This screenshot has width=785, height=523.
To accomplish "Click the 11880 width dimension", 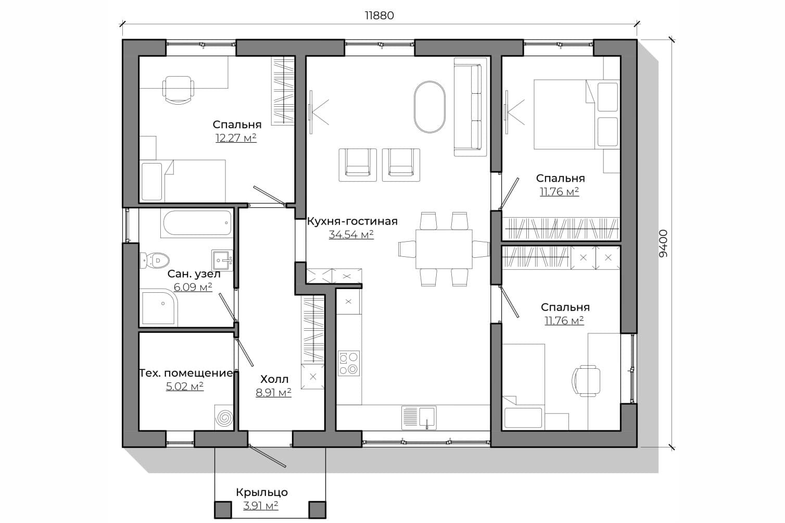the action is [379, 16].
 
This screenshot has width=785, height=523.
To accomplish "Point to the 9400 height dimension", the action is [663, 243].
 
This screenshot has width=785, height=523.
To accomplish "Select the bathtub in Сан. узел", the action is [197, 223].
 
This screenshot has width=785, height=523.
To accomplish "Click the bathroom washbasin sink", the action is [222, 260].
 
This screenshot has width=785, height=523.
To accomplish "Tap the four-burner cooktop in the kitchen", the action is [348, 363].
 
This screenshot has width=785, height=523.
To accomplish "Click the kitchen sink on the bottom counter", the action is [419, 417].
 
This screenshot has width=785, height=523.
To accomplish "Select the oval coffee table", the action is [429, 107].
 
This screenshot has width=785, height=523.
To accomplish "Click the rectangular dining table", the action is [444, 249].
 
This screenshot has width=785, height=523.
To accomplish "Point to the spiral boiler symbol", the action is [224, 418].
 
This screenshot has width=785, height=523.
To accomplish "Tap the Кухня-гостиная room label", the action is [352, 222].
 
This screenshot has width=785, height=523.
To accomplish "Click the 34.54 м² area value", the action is [351, 234].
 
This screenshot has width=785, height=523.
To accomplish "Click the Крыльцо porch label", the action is [262, 492].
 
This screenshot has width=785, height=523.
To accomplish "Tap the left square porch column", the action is [223, 509].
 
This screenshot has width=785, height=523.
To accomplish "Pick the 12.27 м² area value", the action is [236, 138].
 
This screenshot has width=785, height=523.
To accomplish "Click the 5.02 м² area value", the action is [185, 387].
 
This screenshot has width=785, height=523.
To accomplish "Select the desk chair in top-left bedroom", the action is [179, 90].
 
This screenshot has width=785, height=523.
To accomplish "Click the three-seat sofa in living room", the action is [471, 107].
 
